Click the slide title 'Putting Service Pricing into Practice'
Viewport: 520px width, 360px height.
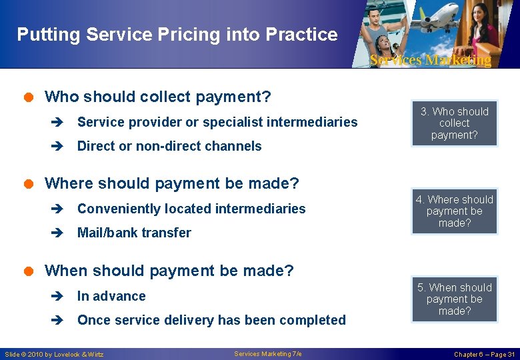click(177, 34)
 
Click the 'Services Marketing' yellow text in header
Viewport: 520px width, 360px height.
click(430, 60)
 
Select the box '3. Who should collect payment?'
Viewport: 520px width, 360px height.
click(454, 123)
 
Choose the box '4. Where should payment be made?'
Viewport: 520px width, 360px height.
click(454, 211)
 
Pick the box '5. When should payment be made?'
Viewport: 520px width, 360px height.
click(454, 299)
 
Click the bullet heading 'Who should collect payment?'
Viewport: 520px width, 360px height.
click(157, 97)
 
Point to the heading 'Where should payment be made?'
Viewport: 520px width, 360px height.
click(171, 183)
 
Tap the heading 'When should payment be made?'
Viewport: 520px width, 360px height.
click(169, 271)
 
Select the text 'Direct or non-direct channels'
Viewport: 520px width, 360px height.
click(169, 146)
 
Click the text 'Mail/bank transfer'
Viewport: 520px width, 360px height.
click(134, 233)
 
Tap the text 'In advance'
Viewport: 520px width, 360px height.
click(111, 296)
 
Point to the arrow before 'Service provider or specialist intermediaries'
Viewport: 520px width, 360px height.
click(58, 123)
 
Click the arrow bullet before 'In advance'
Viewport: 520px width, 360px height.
click(58, 297)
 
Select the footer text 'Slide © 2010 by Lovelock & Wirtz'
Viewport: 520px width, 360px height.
click(54, 354)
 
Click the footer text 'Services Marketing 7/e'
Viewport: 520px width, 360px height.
click(268, 354)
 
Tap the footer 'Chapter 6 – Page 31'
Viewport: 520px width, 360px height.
click(484, 354)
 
